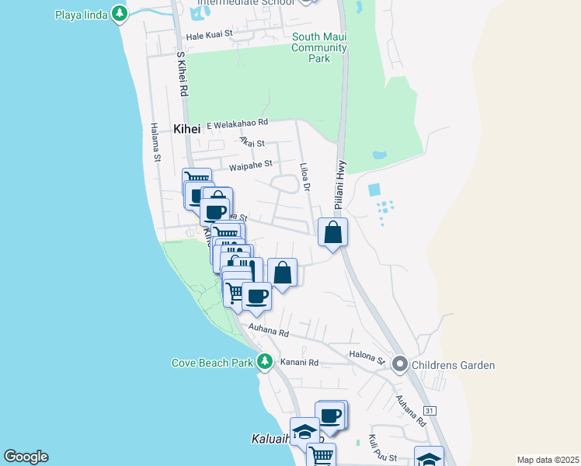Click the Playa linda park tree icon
pos(119,13)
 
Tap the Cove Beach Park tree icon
pos(265,362)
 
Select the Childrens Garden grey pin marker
pos(400,363)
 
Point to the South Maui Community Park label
pos(319,47)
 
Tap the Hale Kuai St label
pos(206,36)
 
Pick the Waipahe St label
pos(251,164)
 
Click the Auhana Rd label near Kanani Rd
pos(269,332)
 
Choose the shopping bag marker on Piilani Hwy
pos(332,232)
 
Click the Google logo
pos(26,457)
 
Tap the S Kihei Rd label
pos(183,75)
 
